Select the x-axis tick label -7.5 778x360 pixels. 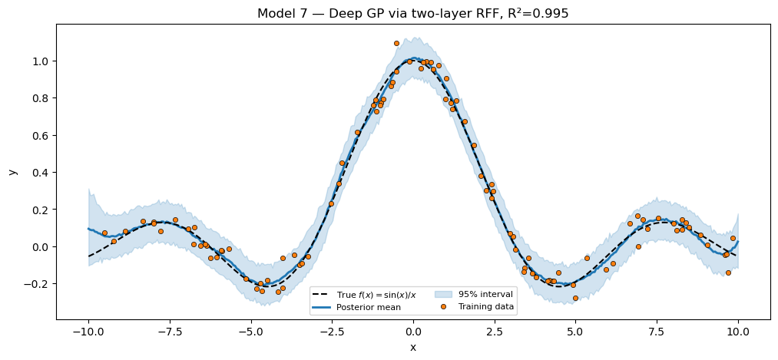pos(170,332)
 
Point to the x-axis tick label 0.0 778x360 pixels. pos(413,332)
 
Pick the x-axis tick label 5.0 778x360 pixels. pos(575,332)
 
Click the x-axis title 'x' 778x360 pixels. pos(413,347)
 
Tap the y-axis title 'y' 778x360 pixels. pos(13,172)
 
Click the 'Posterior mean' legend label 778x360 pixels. pos(367,307)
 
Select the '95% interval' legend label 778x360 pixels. pos(485,294)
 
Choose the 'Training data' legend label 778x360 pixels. pos(487,307)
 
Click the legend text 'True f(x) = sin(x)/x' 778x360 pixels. pos(376,294)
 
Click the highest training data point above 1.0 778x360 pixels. pos(396,44)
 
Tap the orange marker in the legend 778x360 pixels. pos(445,307)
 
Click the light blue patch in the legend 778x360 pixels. pos(445,294)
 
